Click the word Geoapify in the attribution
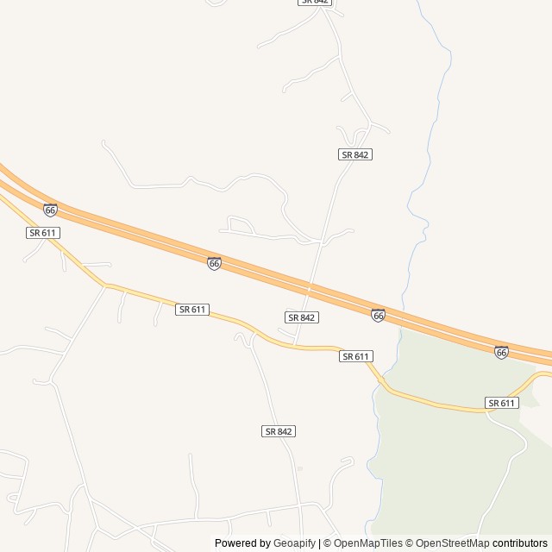295,543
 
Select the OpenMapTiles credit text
367,543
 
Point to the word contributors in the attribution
520,543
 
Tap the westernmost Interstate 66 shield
50,210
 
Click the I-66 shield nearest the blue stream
378,316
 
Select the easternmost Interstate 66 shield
501,352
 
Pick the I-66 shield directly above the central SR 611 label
214,263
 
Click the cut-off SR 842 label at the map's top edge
315,3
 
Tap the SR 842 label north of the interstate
354,154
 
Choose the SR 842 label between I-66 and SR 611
302,317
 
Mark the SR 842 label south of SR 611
279,430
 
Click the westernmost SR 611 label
43,233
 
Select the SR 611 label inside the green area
501,403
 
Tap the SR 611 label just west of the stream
355,356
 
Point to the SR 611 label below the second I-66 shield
192,309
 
